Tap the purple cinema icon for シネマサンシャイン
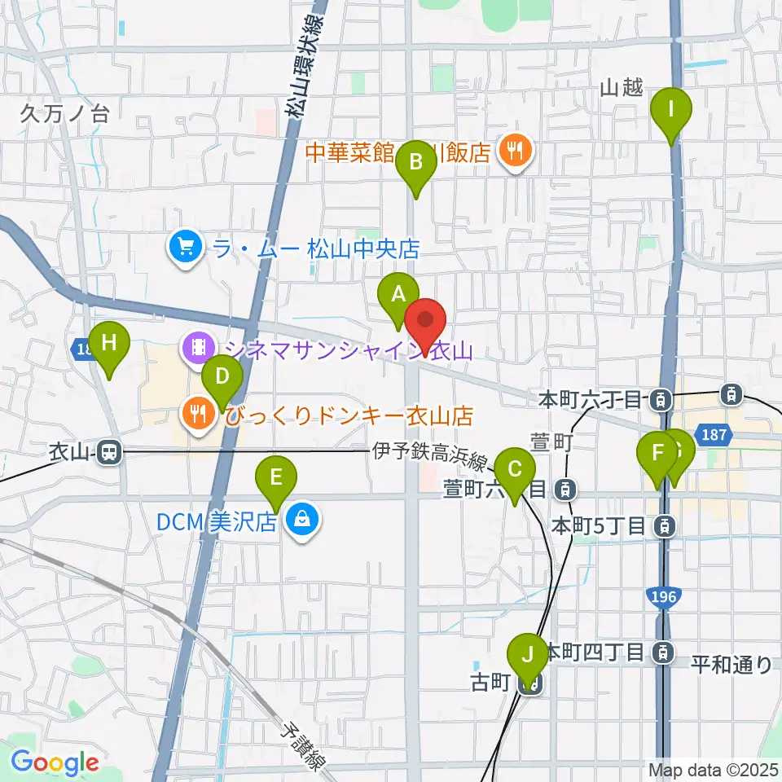pyautogui.click(x=198, y=349)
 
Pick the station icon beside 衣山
pyautogui.click(x=107, y=452)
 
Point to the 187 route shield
pyautogui.click(x=714, y=436)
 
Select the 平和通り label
pyautogui.click(x=731, y=664)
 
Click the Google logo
pyautogui.click(x=55, y=762)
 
